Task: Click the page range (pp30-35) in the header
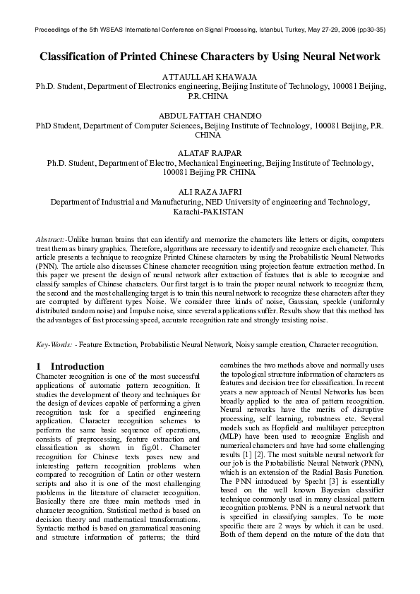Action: pos(369,30)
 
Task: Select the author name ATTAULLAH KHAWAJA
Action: pos(210,75)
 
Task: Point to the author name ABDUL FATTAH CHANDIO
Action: pos(210,114)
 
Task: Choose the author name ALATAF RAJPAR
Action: pos(210,152)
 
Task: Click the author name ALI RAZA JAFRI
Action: pos(210,190)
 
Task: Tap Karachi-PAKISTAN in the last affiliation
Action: pos(210,210)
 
